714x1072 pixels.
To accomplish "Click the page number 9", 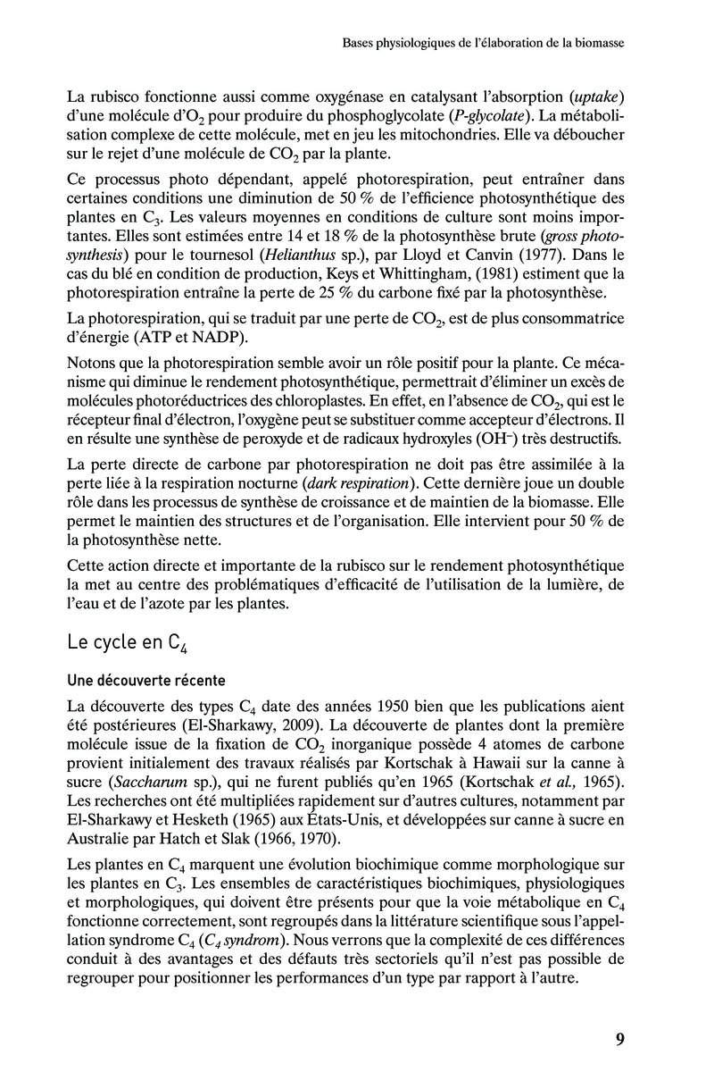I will pyautogui.click(x=619, y=1037).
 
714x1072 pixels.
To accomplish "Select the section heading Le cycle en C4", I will pyautogui.click(x=128, y=643).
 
